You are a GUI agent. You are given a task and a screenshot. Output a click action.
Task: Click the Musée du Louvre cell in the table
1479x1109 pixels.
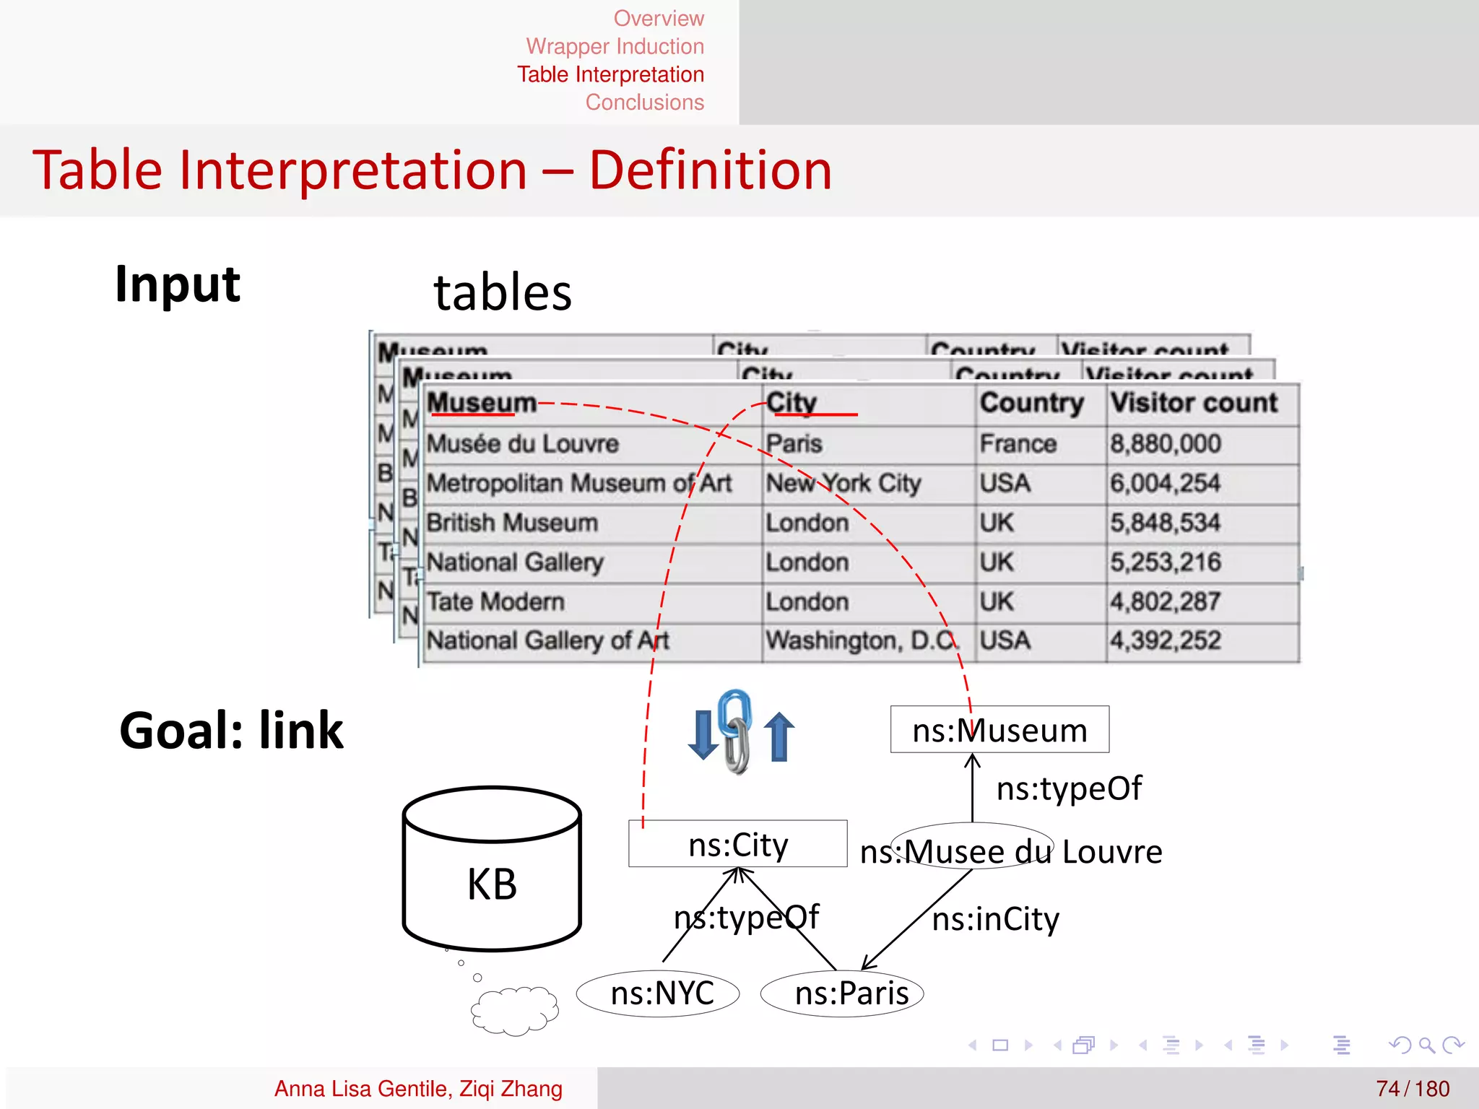pyautogui.click(x=522, y=443)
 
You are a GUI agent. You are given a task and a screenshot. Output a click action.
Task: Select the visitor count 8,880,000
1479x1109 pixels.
pyautogui.click(x=1165, y=443)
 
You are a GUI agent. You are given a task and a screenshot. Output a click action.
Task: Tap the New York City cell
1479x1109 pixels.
pyautogui.click(x=843, y=483)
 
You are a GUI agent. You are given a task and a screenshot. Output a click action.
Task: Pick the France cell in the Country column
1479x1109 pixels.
pyautogui.click(x=1018, y=443)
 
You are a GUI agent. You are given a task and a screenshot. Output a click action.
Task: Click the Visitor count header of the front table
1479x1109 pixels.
pyautogui.click(x=1193, y=403)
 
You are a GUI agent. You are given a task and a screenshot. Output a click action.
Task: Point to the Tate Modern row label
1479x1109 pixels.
pyautogui.click(x=495, y=601)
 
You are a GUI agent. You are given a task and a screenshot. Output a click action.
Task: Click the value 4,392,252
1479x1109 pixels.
pyautogui.click(x=1165, y=640)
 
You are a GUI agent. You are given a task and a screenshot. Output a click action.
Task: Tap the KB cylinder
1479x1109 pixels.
pyautogui.click(x=492, y=869)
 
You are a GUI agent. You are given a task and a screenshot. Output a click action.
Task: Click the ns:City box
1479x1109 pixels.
pyautogui.click(x=737, y=843)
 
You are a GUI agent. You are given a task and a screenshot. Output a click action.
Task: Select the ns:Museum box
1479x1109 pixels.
pyautogui.click(x=999, y=730)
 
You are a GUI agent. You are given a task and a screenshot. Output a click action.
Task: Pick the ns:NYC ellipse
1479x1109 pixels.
pyautogui.click(x=658, y=993)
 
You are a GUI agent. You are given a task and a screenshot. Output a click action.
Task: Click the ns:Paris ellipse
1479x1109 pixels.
pyautogui.click(x=842, y=993)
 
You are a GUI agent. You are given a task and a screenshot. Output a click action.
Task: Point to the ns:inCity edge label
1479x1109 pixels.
pyautogui.click(x=995, y=919)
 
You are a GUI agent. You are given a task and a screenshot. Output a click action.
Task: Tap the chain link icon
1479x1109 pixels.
pyautogui.click(x=735, y=731)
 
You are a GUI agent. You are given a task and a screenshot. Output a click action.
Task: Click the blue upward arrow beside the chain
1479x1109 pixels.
pyautogui.click(x=778, y=736)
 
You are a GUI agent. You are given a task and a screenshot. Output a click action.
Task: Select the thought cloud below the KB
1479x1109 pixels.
pyautogui.click(x=514, y=1009)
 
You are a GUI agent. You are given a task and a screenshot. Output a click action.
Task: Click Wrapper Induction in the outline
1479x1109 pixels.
pyautogui.click(x=615, y=46)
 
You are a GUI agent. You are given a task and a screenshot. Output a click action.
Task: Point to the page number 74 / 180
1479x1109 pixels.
pyautogui.click(x=1412, y=1088)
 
